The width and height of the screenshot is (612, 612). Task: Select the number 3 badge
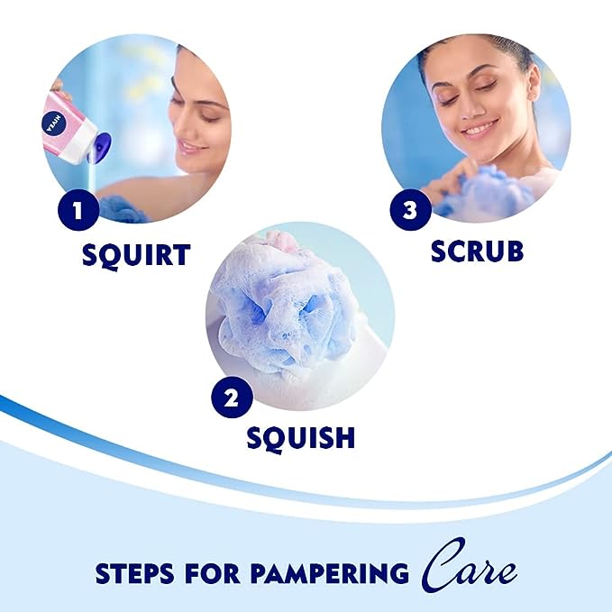pyautogui.click(x=410, y=211)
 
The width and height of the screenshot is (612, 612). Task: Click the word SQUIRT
pyautogui.click(x=136, y=254)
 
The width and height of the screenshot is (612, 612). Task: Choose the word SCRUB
pyautogui.click(x=477, y=251)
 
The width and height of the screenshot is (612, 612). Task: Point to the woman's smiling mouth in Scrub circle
pyautogui.click(x=479, y=129)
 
